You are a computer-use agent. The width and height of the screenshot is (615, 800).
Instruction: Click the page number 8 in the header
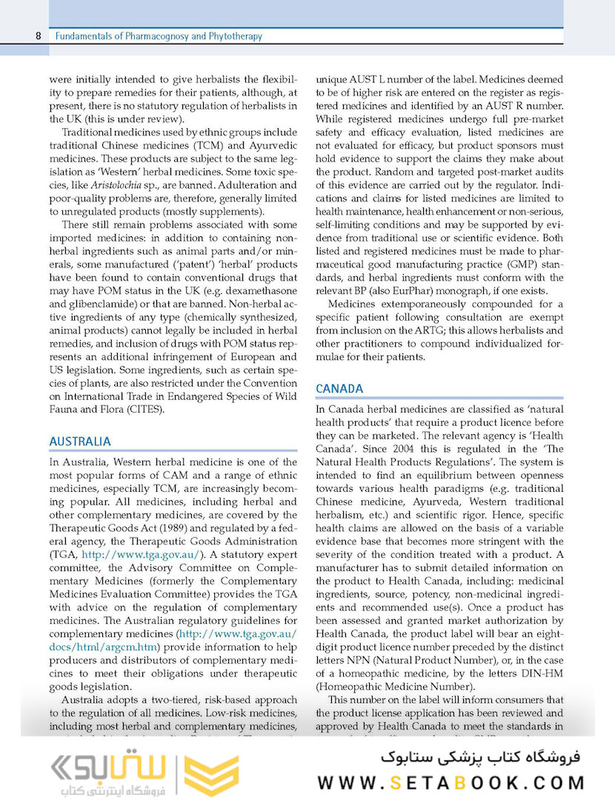point(37,36)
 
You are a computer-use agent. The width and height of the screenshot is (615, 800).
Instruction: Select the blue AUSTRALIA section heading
point(80,441)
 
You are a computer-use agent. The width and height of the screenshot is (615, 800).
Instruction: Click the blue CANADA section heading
point(339,389)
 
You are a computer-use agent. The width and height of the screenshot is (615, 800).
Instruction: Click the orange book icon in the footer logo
point(211,774)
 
